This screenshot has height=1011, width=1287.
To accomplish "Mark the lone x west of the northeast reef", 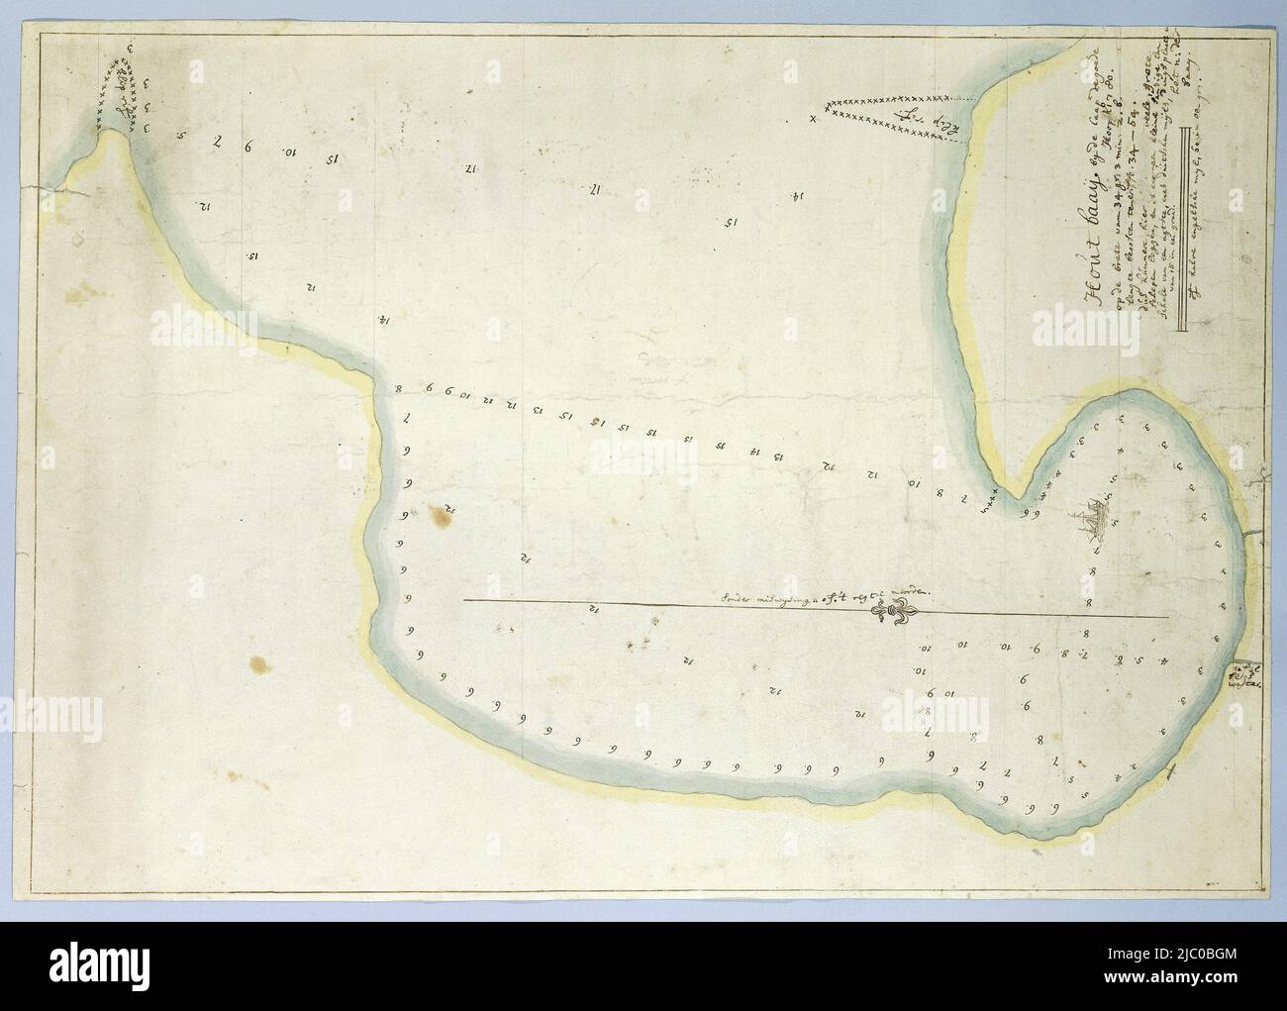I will pyautogui.click(x=813, y=120).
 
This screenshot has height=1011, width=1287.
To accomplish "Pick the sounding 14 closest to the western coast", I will pyautogui.click(x=382, y=320).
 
